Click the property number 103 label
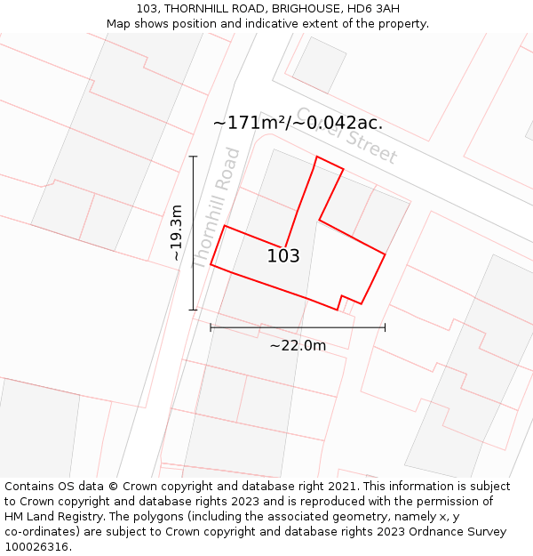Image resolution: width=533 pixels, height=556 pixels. click(x=283, y=256)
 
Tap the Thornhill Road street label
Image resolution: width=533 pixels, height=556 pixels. click(x=217, y=208)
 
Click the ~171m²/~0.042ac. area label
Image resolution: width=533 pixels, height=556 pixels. click(x=298, y=123)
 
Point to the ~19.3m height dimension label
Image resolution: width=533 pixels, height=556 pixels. click(x=176, y=233)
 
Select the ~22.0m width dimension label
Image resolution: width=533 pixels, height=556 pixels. click(x=298, y=345)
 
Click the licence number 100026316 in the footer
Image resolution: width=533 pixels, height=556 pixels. click(x=37, y=547)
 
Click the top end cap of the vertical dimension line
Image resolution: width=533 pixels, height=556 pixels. click(x=193, y=157)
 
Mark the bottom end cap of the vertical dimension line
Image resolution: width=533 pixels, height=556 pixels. click(x=193, y=310)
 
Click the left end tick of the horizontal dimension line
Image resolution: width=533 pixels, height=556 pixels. click(x=211, y=327)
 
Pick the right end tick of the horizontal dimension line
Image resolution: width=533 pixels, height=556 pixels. click(x=385, y=327)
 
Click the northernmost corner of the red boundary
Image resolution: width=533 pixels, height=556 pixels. click(x=317, y=157)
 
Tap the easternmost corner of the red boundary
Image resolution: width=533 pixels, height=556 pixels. click(x=385, y=255)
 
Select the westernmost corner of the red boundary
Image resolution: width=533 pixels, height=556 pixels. click(x=211, y=264)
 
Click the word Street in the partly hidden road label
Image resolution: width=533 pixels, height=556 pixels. click(x=371, y=144)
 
